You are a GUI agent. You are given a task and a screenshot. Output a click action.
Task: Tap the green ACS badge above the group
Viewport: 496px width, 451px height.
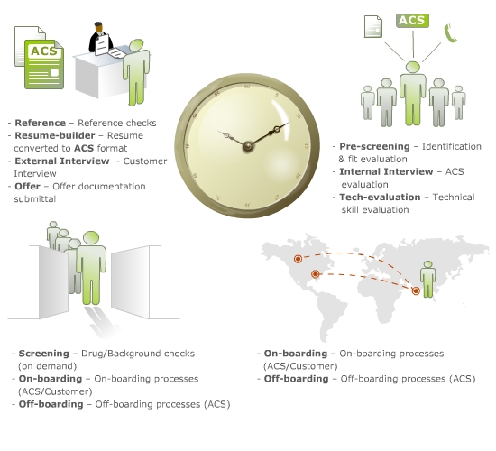click(x=412, y=21)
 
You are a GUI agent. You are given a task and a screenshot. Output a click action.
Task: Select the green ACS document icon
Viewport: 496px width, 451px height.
click(x=44, y=64)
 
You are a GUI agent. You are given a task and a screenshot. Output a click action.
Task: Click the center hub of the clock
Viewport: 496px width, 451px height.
click(x=247, y=146)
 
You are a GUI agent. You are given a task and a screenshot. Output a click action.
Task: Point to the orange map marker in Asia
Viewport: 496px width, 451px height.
click(x=416, y=290)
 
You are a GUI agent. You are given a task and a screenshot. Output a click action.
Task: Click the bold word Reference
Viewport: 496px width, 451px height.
click(x=41, y=123)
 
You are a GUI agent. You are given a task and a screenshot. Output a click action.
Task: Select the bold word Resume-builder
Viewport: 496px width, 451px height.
click(x=55, y=135)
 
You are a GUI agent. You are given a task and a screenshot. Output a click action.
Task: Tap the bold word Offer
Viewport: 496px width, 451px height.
click(x=28, y=186)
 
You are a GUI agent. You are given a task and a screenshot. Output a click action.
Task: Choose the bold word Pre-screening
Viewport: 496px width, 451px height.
click(x=374, y=146)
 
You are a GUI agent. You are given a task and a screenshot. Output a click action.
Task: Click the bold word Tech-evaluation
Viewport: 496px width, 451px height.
click(x=380, y=197)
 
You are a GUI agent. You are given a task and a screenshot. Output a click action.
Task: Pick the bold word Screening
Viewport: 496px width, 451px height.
click(x=43, y=354)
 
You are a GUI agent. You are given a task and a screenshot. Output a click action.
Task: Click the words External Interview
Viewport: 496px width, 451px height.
click(x=62, y=161)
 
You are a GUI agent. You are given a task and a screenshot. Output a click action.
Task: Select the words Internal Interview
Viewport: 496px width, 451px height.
click(x=386, y=171)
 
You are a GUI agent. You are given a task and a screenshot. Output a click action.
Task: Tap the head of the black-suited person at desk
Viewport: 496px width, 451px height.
click(x=98, y=28)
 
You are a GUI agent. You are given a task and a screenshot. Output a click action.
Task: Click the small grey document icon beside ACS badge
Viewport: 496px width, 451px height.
click(x=373, y=26)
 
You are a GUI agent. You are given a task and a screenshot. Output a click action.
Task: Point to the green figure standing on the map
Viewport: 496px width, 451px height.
click(x=427, y=279)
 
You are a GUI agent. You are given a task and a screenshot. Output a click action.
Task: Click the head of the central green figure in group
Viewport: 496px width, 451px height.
click(x=413, y=67)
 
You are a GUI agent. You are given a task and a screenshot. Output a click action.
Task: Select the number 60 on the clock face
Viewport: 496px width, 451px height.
click(x=247, y=87)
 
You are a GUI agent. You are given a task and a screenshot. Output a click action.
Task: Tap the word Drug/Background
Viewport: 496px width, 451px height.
click(x=116, y=354)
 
